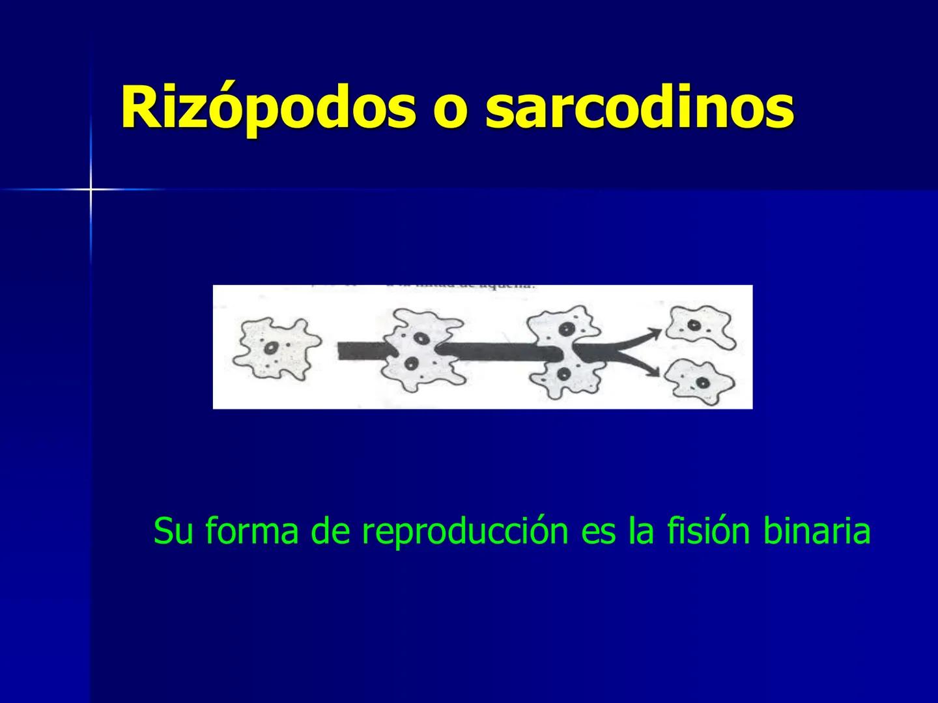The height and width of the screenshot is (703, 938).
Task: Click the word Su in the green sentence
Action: [173, 532]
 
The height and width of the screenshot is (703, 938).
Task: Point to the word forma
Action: [251, 532]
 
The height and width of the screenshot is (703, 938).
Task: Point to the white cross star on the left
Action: [91, 189]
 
